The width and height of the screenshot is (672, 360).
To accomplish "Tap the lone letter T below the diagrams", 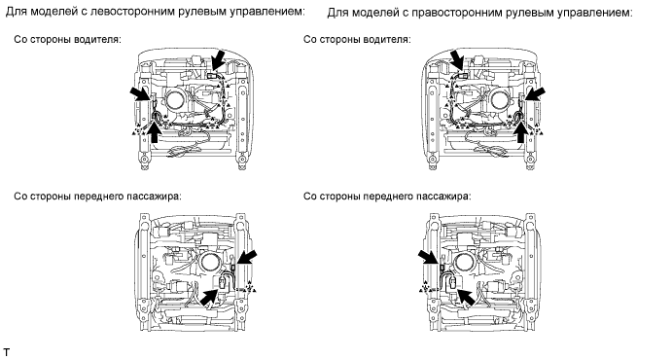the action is click(x=6, y=353).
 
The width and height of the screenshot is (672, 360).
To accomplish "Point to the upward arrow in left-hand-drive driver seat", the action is click(x=155, y=131).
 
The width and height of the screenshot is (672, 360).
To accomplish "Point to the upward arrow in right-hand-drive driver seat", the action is click(x=521, y=131).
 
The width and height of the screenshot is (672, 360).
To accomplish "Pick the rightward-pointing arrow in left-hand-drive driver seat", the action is click(x=141, y=93).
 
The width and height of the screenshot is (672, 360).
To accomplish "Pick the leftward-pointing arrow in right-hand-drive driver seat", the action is click(x=535, y=93).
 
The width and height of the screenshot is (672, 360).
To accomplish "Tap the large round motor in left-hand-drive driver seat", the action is click(x=175, y=101).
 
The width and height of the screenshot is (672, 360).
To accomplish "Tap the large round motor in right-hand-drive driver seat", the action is click(x=500, y=101).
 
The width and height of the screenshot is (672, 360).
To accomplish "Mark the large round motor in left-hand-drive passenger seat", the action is click(x=209, y=262).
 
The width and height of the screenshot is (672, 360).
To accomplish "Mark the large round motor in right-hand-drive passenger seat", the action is click(x=465, y=262).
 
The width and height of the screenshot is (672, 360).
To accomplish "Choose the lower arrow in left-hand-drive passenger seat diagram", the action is click(x=212, y=296).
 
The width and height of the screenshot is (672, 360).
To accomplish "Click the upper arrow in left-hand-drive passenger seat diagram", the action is click(x=246, y=259).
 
